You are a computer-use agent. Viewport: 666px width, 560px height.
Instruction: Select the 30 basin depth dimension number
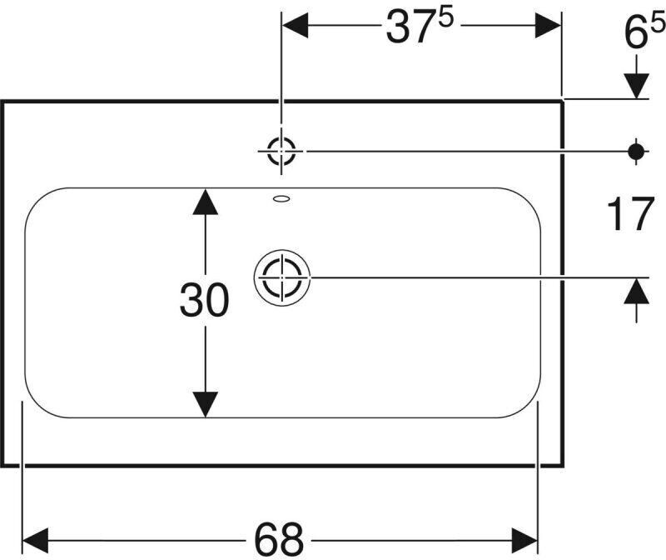(x=204, y=300)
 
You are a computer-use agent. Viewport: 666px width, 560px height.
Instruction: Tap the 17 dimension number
(x=630, y=213)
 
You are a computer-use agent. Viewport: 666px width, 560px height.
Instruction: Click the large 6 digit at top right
(x=636, y=34)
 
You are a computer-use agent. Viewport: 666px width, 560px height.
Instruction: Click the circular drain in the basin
(x=282, y=277)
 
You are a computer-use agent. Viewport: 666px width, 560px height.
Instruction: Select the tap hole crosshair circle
(x=281, y=151)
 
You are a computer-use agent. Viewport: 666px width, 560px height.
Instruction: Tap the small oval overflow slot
(x=281, y=198)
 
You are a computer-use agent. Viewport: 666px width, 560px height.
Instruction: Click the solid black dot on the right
(x=636, y=151)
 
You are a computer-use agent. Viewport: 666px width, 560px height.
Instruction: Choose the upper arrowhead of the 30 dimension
(x=205, y=202)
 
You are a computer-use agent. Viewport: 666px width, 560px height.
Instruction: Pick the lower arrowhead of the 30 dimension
(x=205, y=404)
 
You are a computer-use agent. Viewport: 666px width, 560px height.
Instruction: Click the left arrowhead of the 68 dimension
(x=35, y=541)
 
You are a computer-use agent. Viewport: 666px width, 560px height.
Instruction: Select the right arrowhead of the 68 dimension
(x=524, y=541)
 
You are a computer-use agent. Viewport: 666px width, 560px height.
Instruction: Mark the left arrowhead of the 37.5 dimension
(x=296, y=26)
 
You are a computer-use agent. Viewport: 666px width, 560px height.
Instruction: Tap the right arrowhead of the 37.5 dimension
(x=548, y=26)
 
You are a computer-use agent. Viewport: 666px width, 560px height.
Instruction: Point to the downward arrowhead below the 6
(x=636, y=86)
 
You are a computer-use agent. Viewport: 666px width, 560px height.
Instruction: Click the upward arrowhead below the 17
(x=636, y=291)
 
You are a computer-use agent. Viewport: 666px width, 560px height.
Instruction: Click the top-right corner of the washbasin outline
(x=563, y=102)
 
